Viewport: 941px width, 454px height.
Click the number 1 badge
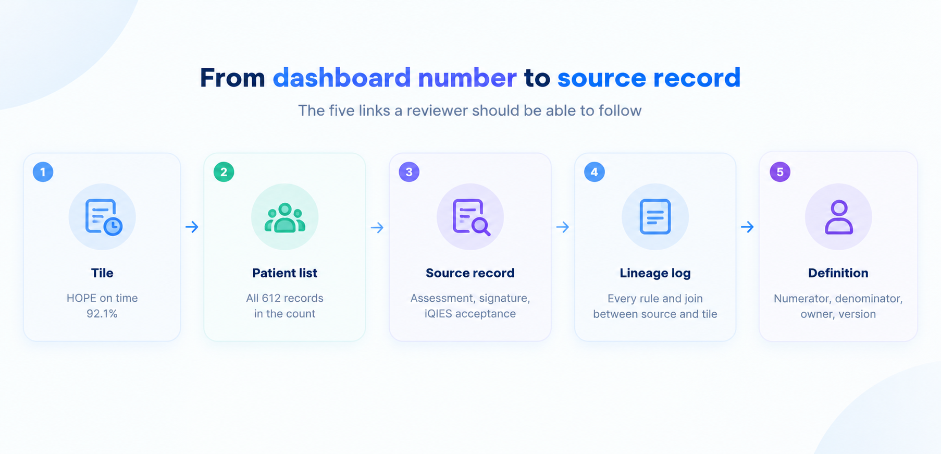point(43,171)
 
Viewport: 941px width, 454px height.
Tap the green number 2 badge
point(224,171)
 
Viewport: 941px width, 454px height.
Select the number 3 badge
point(409,171)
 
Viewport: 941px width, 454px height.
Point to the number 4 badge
point(595,171)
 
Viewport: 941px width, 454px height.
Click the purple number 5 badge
point(780,171)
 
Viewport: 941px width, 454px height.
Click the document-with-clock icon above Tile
point(103,217)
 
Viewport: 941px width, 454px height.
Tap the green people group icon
point(284,218)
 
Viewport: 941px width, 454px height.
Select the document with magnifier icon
point(471,217)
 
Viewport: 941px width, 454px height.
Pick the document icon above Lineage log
point(655,216)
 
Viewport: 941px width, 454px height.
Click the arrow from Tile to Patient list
point(192,227)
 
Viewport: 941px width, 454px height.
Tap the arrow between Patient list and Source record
point(377,227)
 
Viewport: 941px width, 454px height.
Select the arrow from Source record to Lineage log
point(563,227)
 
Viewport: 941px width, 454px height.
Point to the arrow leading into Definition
point(748,227)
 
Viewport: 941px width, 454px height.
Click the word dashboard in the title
point(342,78)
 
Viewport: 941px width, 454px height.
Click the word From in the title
point(232,78)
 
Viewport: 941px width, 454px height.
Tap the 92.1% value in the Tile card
point(102,314)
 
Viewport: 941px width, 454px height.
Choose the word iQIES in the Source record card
point(438,314)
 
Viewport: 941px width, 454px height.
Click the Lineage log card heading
point(655,273)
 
